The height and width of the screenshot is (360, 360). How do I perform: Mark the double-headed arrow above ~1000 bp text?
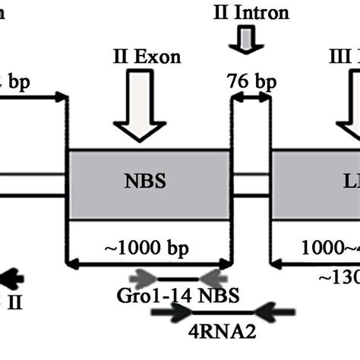click(x=149, y=264)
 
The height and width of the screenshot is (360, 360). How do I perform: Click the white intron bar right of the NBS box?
click(x=251, y=183)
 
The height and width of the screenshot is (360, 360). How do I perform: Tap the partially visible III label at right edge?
click(x=348, y=58)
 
